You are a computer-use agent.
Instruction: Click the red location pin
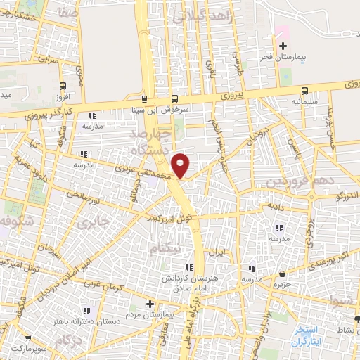click(181, 165)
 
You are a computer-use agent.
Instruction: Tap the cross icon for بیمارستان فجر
click(283, 46)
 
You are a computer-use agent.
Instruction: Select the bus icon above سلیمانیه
click(304, 91)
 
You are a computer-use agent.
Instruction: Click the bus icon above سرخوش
click(175, 98)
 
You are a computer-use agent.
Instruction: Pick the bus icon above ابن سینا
click(145, 98)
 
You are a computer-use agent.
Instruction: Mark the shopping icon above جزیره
click(282, 274)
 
